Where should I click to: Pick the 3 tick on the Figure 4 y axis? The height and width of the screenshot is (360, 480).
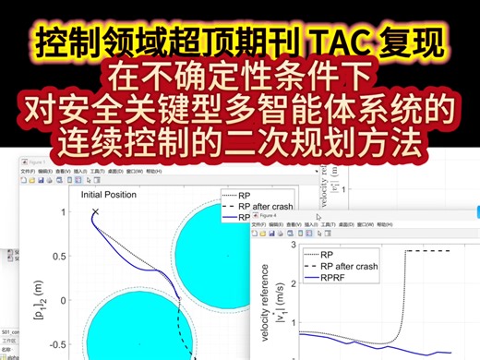click(x=293, y=245)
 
